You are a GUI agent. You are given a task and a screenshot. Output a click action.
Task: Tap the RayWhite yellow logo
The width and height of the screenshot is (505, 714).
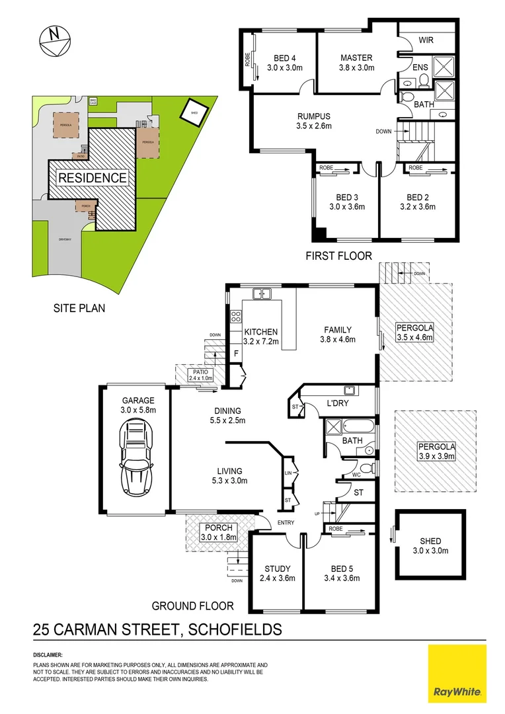tap(457, 672)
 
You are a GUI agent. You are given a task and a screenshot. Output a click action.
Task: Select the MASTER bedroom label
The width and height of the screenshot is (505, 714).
tap(356, 58)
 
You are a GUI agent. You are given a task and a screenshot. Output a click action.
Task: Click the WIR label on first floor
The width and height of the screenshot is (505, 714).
tap(426, 41)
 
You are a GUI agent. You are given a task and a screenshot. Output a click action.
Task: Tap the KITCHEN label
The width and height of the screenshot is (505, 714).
tap(261, 331)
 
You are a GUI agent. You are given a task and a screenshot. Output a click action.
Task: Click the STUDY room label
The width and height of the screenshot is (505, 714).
tap(277, 569)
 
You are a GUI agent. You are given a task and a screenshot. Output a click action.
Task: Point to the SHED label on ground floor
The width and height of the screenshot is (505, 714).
tap(430, 541)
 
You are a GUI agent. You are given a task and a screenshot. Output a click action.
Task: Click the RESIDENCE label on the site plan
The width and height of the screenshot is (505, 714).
tap(92, 178)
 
